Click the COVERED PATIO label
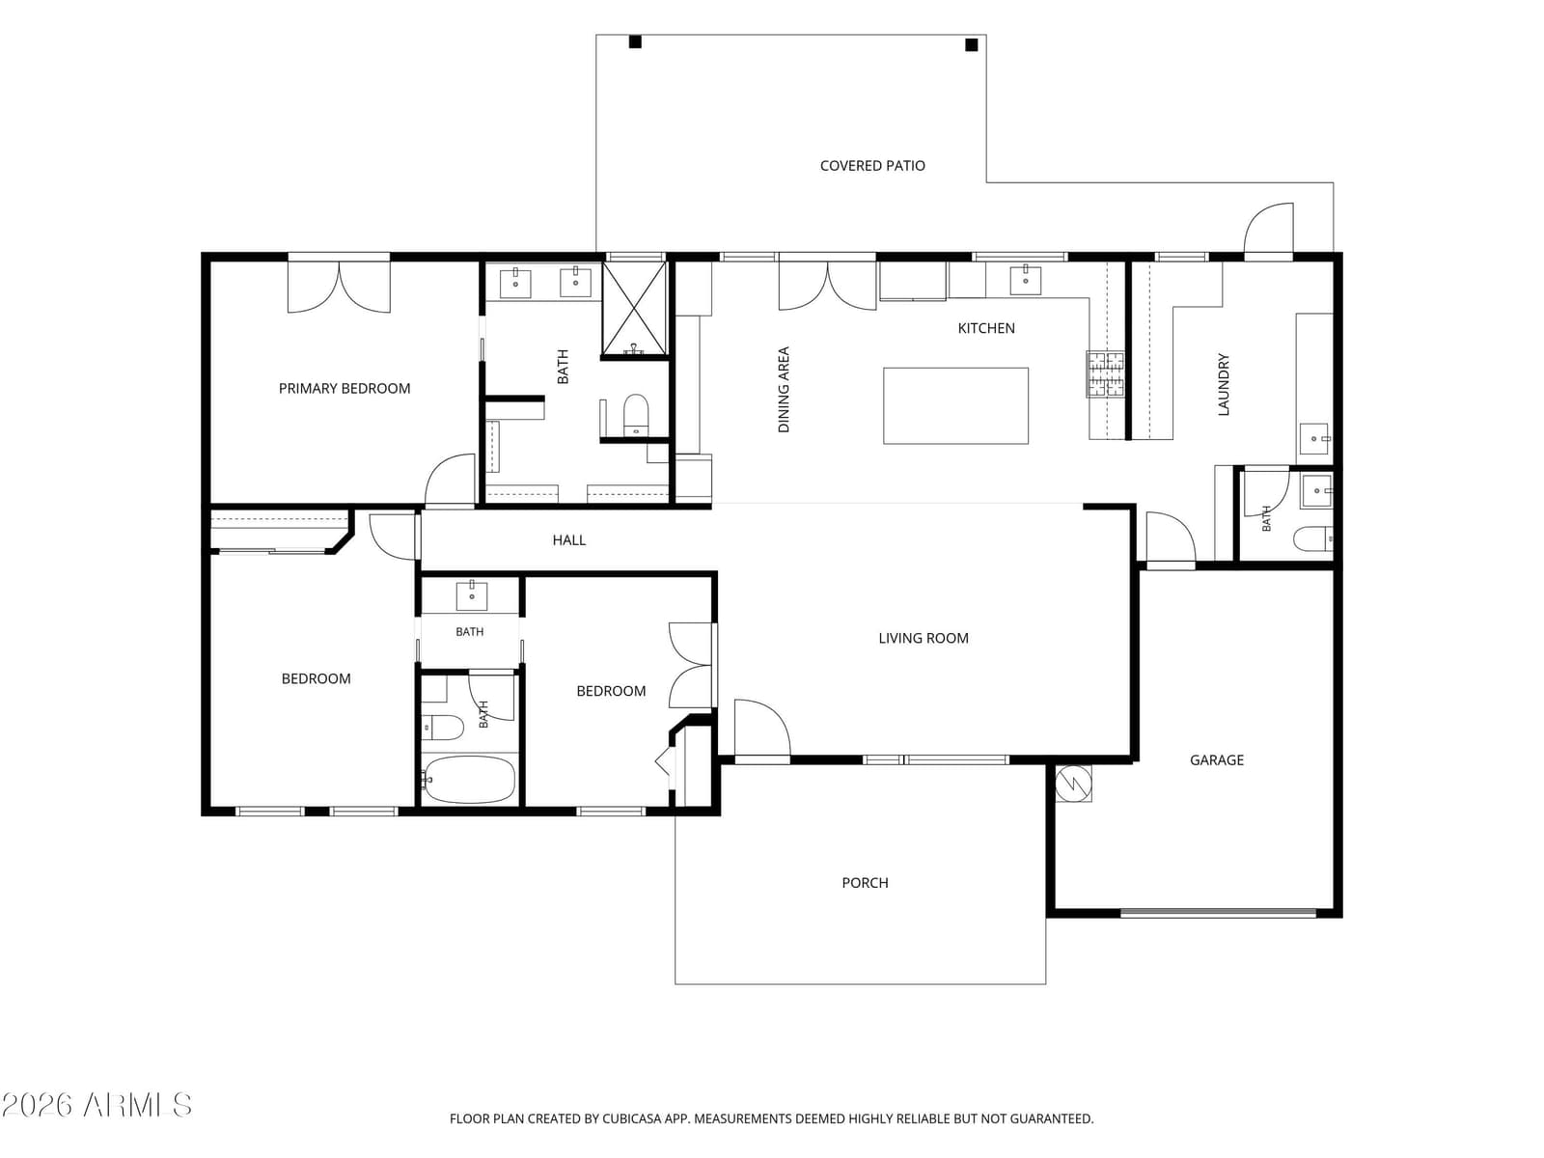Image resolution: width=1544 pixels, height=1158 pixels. (872, 166)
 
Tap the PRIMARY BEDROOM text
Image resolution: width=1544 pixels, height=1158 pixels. (344, 388)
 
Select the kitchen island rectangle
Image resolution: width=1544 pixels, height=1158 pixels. (955, 405)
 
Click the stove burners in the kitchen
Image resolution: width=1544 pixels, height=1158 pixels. (1105, 374)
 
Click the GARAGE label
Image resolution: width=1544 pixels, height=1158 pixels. (1216, 760)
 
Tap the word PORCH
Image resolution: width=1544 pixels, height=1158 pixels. (865, 882)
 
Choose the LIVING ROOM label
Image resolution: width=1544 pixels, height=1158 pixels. (923, 639)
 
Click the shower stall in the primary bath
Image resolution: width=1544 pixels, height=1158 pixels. (634, 309)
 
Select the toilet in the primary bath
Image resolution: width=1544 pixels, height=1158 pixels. (635, 415)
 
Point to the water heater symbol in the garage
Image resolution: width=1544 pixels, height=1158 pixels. (1073, 784)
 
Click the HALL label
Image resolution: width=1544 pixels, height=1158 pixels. (568, 540)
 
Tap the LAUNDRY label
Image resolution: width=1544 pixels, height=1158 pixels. (1224, 385)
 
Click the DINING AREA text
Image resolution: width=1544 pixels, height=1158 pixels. (784, 390)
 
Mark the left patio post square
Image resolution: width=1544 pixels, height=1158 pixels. (634, 41)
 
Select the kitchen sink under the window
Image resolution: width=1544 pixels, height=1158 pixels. (1025, 280)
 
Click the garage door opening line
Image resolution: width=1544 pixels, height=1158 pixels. (1218, 913)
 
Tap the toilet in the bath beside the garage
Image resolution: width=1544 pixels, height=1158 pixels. (1312, 538)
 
